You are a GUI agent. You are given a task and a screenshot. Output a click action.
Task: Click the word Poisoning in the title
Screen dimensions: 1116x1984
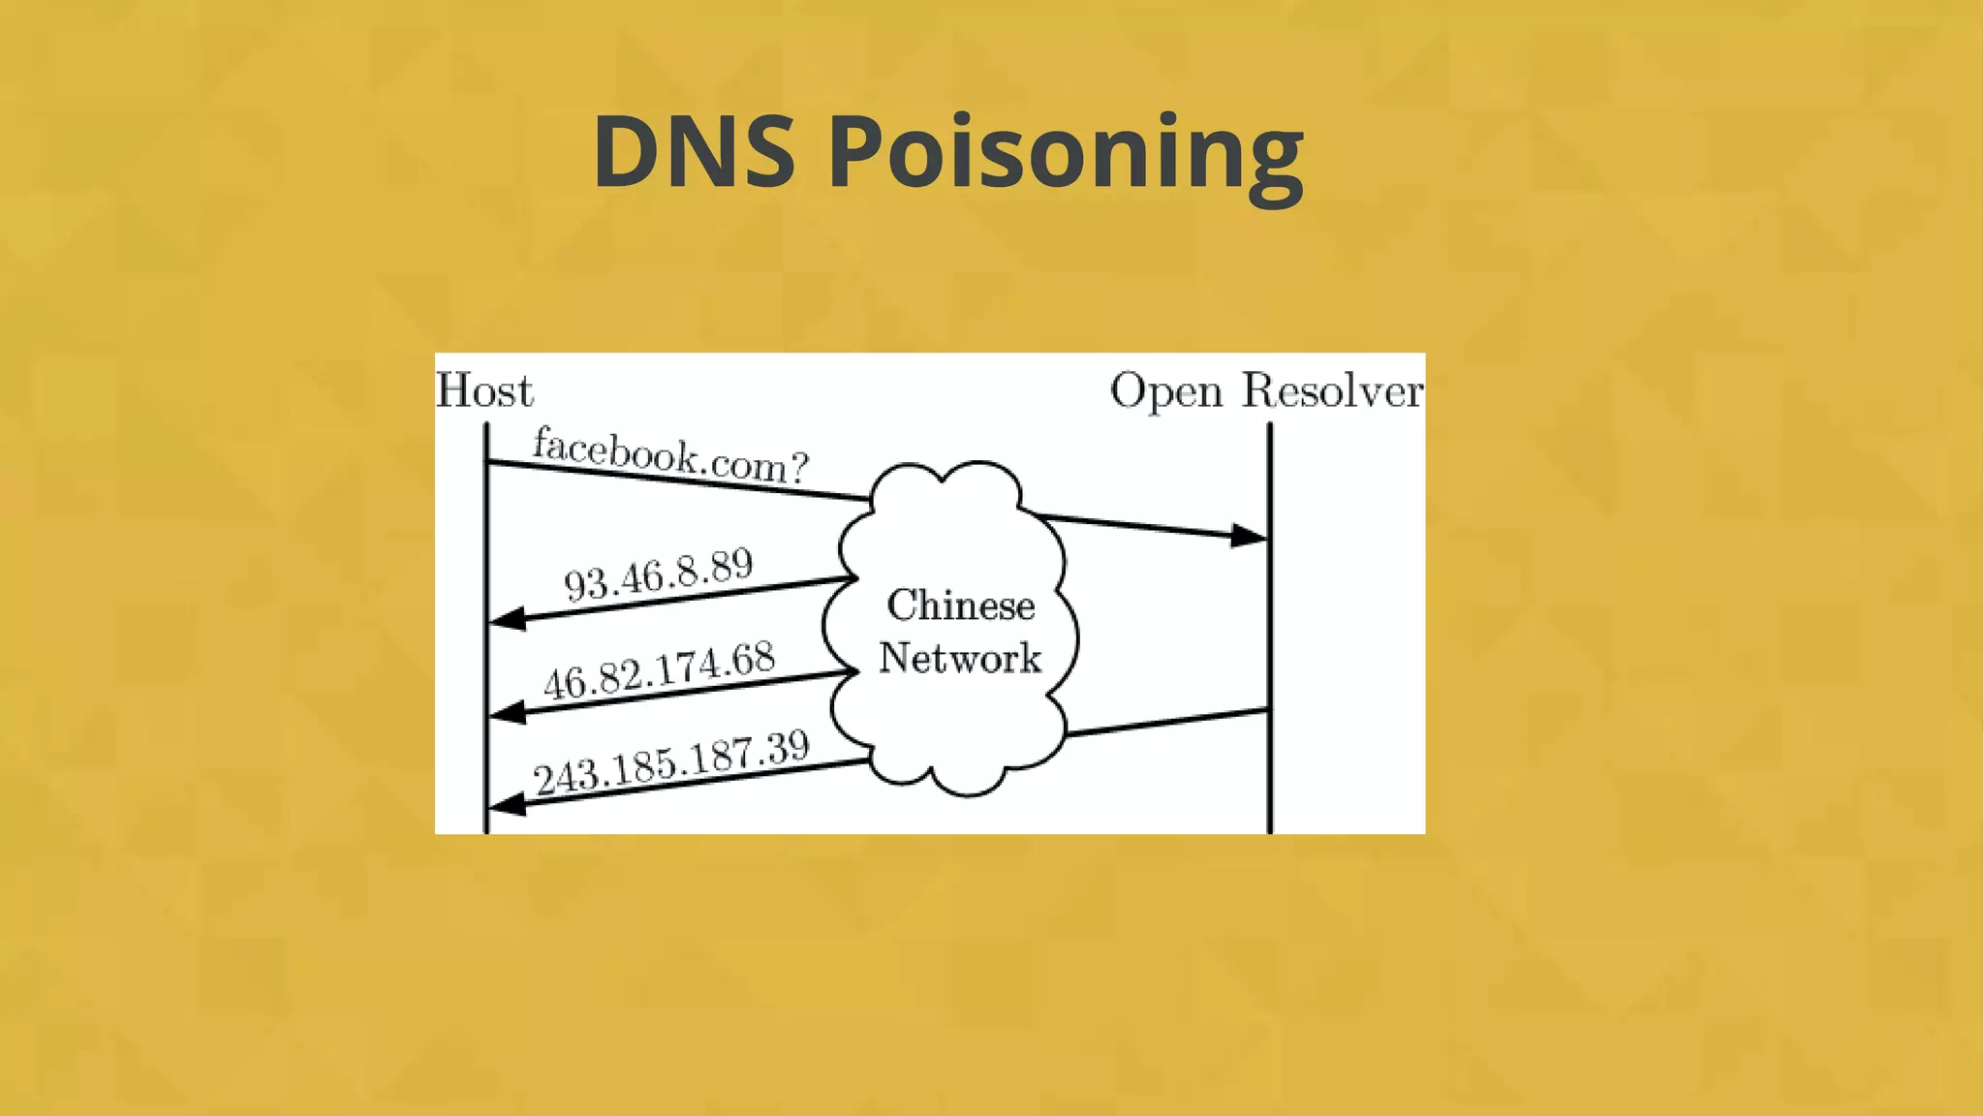pyautogui.click(x=1066, y=155)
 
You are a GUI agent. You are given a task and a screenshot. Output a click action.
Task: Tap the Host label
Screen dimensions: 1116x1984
pyautogui.click(x=483, y=391)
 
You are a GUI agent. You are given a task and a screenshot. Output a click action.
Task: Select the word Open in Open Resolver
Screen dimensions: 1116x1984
pyautogui.click(x=1165, y=392)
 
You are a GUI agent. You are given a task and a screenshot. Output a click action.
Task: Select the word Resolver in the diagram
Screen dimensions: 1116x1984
pyautogui.click(x=1332, y=390)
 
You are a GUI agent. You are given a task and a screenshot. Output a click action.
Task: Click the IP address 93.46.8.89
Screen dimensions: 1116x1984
pyautogui.click(x=659, y=573)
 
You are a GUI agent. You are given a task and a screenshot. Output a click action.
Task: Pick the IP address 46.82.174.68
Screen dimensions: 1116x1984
pyautogui.click(x=659, y=669)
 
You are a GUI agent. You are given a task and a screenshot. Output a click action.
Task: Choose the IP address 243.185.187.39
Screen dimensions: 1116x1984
pyautogui.click(x=671, y=762)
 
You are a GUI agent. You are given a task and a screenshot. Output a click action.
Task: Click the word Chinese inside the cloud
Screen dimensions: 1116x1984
pyautogui.click(x=960, y=605)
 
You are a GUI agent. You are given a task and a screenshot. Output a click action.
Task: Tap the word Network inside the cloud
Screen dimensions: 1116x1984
pyautogui.click(x=959, y=658)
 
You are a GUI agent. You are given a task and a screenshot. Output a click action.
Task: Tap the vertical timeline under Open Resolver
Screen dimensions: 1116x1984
pyautogui.click(x=1269, y=630)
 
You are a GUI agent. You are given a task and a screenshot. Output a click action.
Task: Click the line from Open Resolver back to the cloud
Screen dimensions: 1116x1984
pyautogui.click(x=1167, y=723)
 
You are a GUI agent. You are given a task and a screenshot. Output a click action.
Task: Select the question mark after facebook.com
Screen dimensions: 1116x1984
pyautogui.click(x=798, y=469)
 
